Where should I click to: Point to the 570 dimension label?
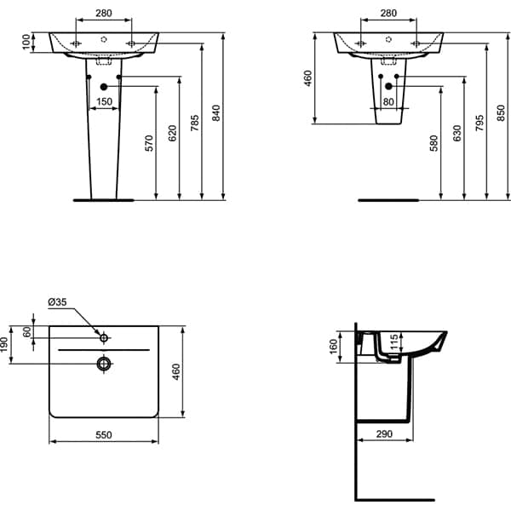pos(150,142)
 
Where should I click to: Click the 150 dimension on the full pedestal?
pos(103,101)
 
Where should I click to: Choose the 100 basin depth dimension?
pos(26,42)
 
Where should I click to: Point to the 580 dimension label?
pos(433,142)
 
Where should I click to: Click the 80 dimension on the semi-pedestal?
pos(389,101)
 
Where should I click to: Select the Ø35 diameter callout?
pos(58,302)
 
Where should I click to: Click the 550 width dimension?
pos(104,434)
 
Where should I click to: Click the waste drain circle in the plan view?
pos(104,365)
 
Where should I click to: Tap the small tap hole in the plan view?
pos(104,338)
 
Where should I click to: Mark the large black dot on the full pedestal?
pos(103,87)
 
